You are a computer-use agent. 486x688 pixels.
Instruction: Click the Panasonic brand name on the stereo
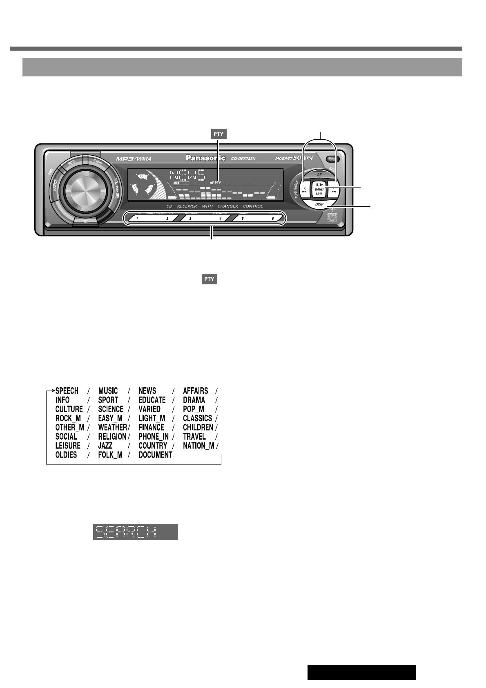(205, 158)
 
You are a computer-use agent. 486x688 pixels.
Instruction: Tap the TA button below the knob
(86, 222)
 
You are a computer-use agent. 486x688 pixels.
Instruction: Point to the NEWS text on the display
(187, 176)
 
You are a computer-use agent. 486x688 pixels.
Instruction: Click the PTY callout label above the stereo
(218, 134)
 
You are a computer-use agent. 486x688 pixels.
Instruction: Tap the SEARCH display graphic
(136, 532)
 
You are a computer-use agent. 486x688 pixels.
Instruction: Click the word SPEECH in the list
(67, 391)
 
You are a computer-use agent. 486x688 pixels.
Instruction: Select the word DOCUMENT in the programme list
(155, 455)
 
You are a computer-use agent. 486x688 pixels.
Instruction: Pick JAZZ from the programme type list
(105, 446)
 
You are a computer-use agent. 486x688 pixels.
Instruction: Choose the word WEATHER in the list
(112, 427)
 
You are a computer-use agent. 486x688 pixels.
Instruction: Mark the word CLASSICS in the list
(197, 418)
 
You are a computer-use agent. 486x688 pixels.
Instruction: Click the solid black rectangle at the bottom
(361, 672)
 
